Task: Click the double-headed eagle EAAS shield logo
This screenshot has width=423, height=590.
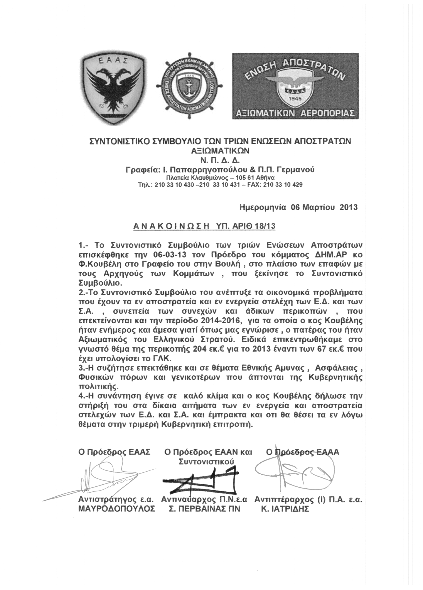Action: [x=113, y=88]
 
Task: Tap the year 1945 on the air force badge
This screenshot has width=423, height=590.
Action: [x=295, y=99]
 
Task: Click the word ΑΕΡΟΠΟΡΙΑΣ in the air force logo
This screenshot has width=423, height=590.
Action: [x=326, y=113]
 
